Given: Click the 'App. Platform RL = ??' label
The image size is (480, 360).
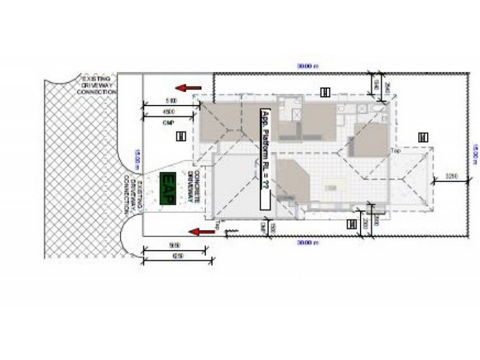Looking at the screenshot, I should click(x=265, y=158).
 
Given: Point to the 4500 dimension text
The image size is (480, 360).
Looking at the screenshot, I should click(x=169, y=112).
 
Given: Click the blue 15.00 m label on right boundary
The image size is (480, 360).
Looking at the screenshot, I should click(x=474, y=152).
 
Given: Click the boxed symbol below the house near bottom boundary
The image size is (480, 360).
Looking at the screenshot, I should click(x=352, y=224).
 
